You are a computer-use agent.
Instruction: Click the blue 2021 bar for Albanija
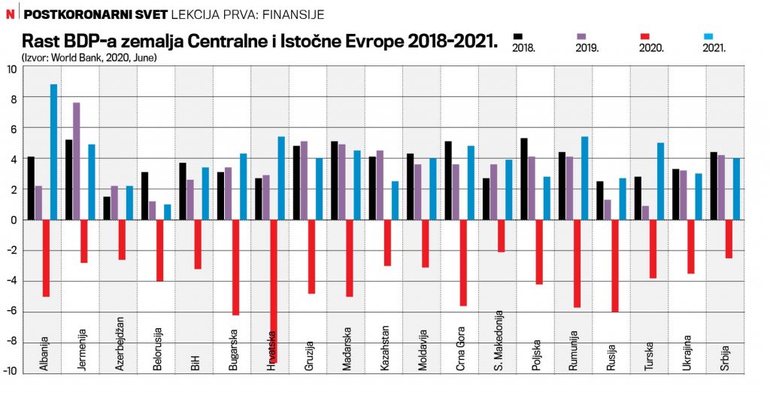[x=53, y=152]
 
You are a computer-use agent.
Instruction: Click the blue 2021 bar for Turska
[x=661, y=181]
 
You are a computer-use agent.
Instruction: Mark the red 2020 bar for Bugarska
[x=235, y=267]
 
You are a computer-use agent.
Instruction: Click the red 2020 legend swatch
[x=644, y=36]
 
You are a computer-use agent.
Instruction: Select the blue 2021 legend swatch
[x=710, y=36]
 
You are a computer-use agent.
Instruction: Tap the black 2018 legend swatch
[x=517, y=36]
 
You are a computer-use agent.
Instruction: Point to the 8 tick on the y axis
[x=11, y=99]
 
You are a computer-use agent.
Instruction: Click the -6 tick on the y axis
[x=11, y=312]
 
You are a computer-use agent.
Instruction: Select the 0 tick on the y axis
[x=13, y=221]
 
